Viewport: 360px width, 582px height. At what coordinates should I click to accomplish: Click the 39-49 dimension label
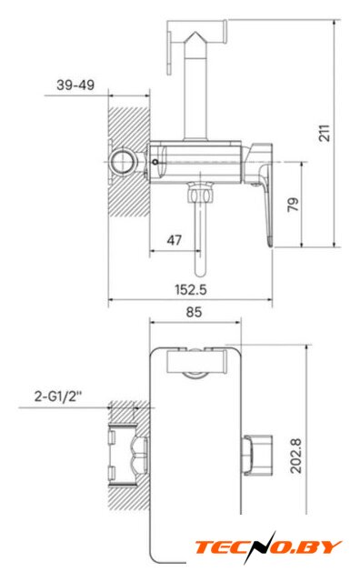(75, 85)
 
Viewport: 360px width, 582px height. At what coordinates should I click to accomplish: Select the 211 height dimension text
(324, 133)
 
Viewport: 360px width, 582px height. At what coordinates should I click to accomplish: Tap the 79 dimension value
(293, 205)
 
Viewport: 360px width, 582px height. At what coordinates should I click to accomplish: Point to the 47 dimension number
(174, 240)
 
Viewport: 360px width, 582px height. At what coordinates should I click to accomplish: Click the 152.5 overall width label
(191, 289)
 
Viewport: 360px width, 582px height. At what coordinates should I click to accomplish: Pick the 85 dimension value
(194, 312)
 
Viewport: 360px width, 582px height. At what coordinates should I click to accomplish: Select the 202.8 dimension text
(295, 456)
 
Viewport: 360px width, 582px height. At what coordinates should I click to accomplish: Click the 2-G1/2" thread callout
(57, 396)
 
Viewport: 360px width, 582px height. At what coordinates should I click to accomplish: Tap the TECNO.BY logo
(267, 547)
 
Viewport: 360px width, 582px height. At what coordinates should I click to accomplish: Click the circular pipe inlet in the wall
(122, 163)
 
